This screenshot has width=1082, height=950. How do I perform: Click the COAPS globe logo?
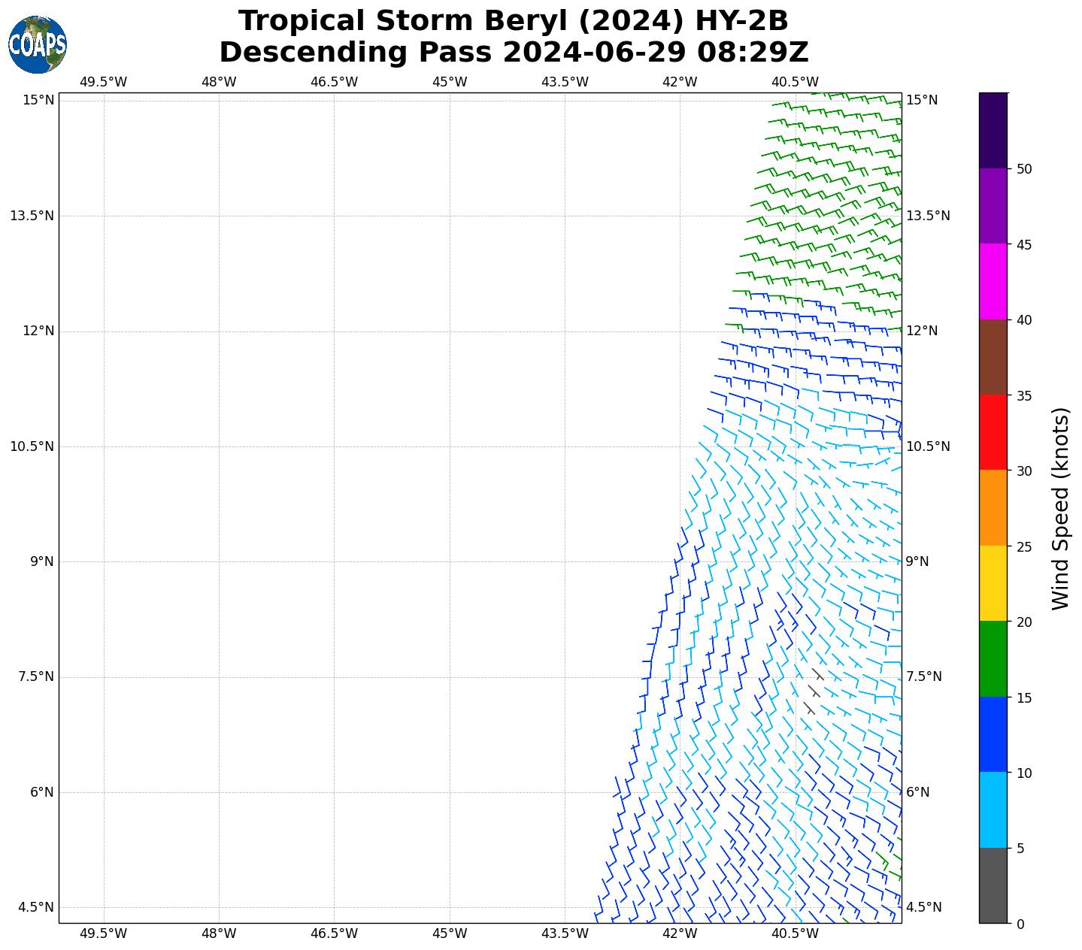tap(38, 44)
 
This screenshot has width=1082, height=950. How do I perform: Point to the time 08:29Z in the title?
tap(753, 53)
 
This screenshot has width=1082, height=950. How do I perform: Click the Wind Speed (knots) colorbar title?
tap(1060, 508)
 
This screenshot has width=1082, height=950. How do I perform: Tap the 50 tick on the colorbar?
tap(1023, 168)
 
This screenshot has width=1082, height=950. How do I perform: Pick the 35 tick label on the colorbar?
tap(1023, 395)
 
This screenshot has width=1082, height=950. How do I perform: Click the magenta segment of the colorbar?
tap(993, 281)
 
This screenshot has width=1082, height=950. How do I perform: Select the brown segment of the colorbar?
tap(993, 357)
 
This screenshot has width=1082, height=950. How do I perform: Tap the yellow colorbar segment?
tap(993, 583)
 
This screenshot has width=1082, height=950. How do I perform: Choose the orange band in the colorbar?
tap(993, 508)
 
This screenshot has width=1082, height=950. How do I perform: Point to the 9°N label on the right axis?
tap(917, 561)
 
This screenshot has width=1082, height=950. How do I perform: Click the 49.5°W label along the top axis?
tap(104, 82)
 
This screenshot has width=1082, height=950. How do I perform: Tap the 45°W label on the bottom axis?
tap(450, 933)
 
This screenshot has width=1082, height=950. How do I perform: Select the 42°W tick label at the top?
tap(680, 82)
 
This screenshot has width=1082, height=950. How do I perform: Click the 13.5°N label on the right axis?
tap(928, 216)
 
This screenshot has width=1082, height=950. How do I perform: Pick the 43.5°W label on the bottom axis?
tap(565, 933)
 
